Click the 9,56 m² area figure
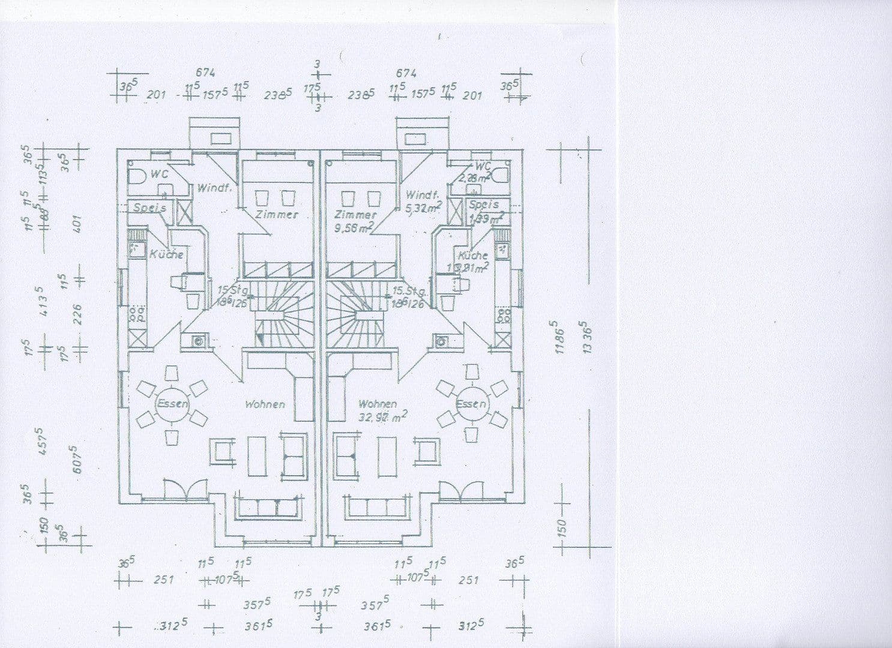coord(354,227)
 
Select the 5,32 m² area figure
coord(423,207)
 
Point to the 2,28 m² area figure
coord(474,178)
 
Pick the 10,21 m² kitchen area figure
coord(468,268)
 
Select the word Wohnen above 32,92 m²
coord(377,404)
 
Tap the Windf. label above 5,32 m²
coord(422,195)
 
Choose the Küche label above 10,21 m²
coord(473,255)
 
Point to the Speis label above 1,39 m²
coord(483,205)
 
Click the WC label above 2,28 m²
coord(483,166)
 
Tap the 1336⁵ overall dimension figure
coord(587,339)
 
